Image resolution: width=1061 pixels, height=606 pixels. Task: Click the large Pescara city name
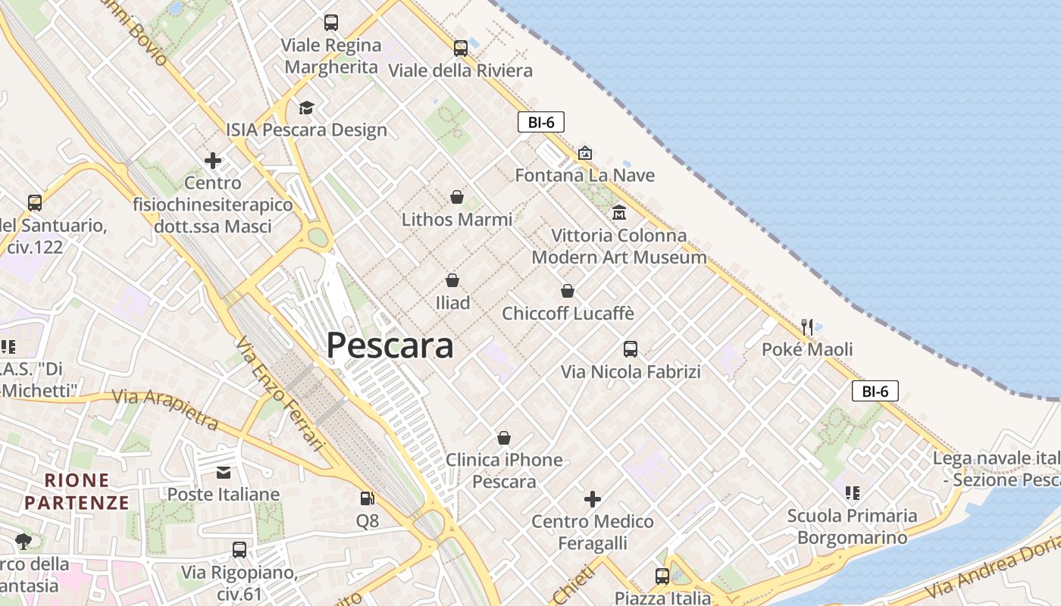click(x=390, y=345)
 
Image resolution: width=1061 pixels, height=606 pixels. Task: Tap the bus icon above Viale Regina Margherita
click(x=331, y=23)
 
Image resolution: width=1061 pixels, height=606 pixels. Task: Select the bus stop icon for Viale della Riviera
click(x=461, y=48)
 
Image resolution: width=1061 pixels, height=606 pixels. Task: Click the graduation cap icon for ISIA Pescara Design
click(x=306, y=108)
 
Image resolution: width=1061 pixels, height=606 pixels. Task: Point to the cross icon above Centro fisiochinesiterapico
click(x=213, y=161)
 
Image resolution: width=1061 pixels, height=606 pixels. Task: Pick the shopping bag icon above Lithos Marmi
click(x=457, y=197)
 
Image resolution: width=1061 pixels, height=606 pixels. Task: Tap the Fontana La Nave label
click(x=584, y=175)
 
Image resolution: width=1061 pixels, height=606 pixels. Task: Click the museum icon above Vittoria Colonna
click(x=619, y=212)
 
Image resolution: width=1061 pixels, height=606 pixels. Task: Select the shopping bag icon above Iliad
click(x=452, y=280)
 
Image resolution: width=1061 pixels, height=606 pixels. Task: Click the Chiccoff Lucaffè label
click(x=568, y=313)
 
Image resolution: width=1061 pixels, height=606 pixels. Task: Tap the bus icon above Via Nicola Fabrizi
click(x=631, y=349)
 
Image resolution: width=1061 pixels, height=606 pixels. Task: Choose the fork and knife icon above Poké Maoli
click(x=807, y=327)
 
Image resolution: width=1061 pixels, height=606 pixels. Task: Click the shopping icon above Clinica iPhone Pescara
click(x=504, y=438)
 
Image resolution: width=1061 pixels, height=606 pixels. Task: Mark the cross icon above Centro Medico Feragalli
click(x=593, y=499)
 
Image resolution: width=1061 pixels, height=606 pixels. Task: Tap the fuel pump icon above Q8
click(x=368, y=498)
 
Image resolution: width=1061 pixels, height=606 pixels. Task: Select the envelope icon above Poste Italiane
click(x=224, y=473)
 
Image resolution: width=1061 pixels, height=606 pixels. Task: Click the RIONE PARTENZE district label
click(x=77, y=491)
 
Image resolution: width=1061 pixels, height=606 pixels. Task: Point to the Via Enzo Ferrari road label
click(x=280, y=394)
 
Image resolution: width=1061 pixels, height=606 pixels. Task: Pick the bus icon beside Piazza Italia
click(x=662, y=576)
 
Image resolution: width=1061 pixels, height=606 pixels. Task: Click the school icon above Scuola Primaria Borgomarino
click(x=853, y=493)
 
